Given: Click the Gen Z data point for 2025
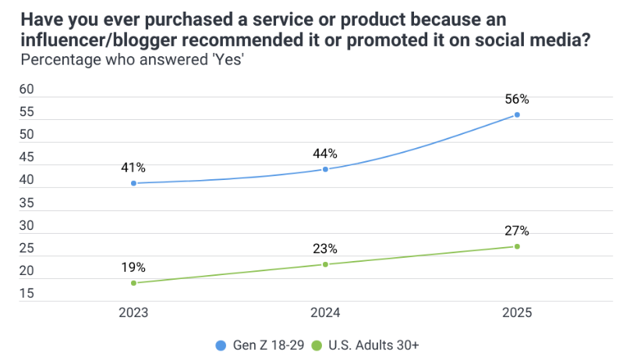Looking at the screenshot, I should tap(517, 115).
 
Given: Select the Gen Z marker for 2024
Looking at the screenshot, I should tap(325, 169).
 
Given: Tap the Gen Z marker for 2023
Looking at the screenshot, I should tap(133, 183).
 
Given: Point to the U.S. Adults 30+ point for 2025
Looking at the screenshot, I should tap(517, 246).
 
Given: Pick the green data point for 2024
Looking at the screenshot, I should tap(325, 264).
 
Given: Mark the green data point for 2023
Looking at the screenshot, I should tap(133, 283).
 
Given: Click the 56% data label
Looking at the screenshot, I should tap(517, 99).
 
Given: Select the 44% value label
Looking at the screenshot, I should tap(325, 154).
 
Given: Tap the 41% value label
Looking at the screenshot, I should tap(133, 168).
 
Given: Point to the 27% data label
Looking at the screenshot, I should tap(517, 231).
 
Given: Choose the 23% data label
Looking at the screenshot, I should tap(325, 249).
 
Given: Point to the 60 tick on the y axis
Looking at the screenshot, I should tap(27, 90).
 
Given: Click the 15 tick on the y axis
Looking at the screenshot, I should tap(27, 294).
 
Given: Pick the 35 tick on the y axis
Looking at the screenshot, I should tap(27, 203).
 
